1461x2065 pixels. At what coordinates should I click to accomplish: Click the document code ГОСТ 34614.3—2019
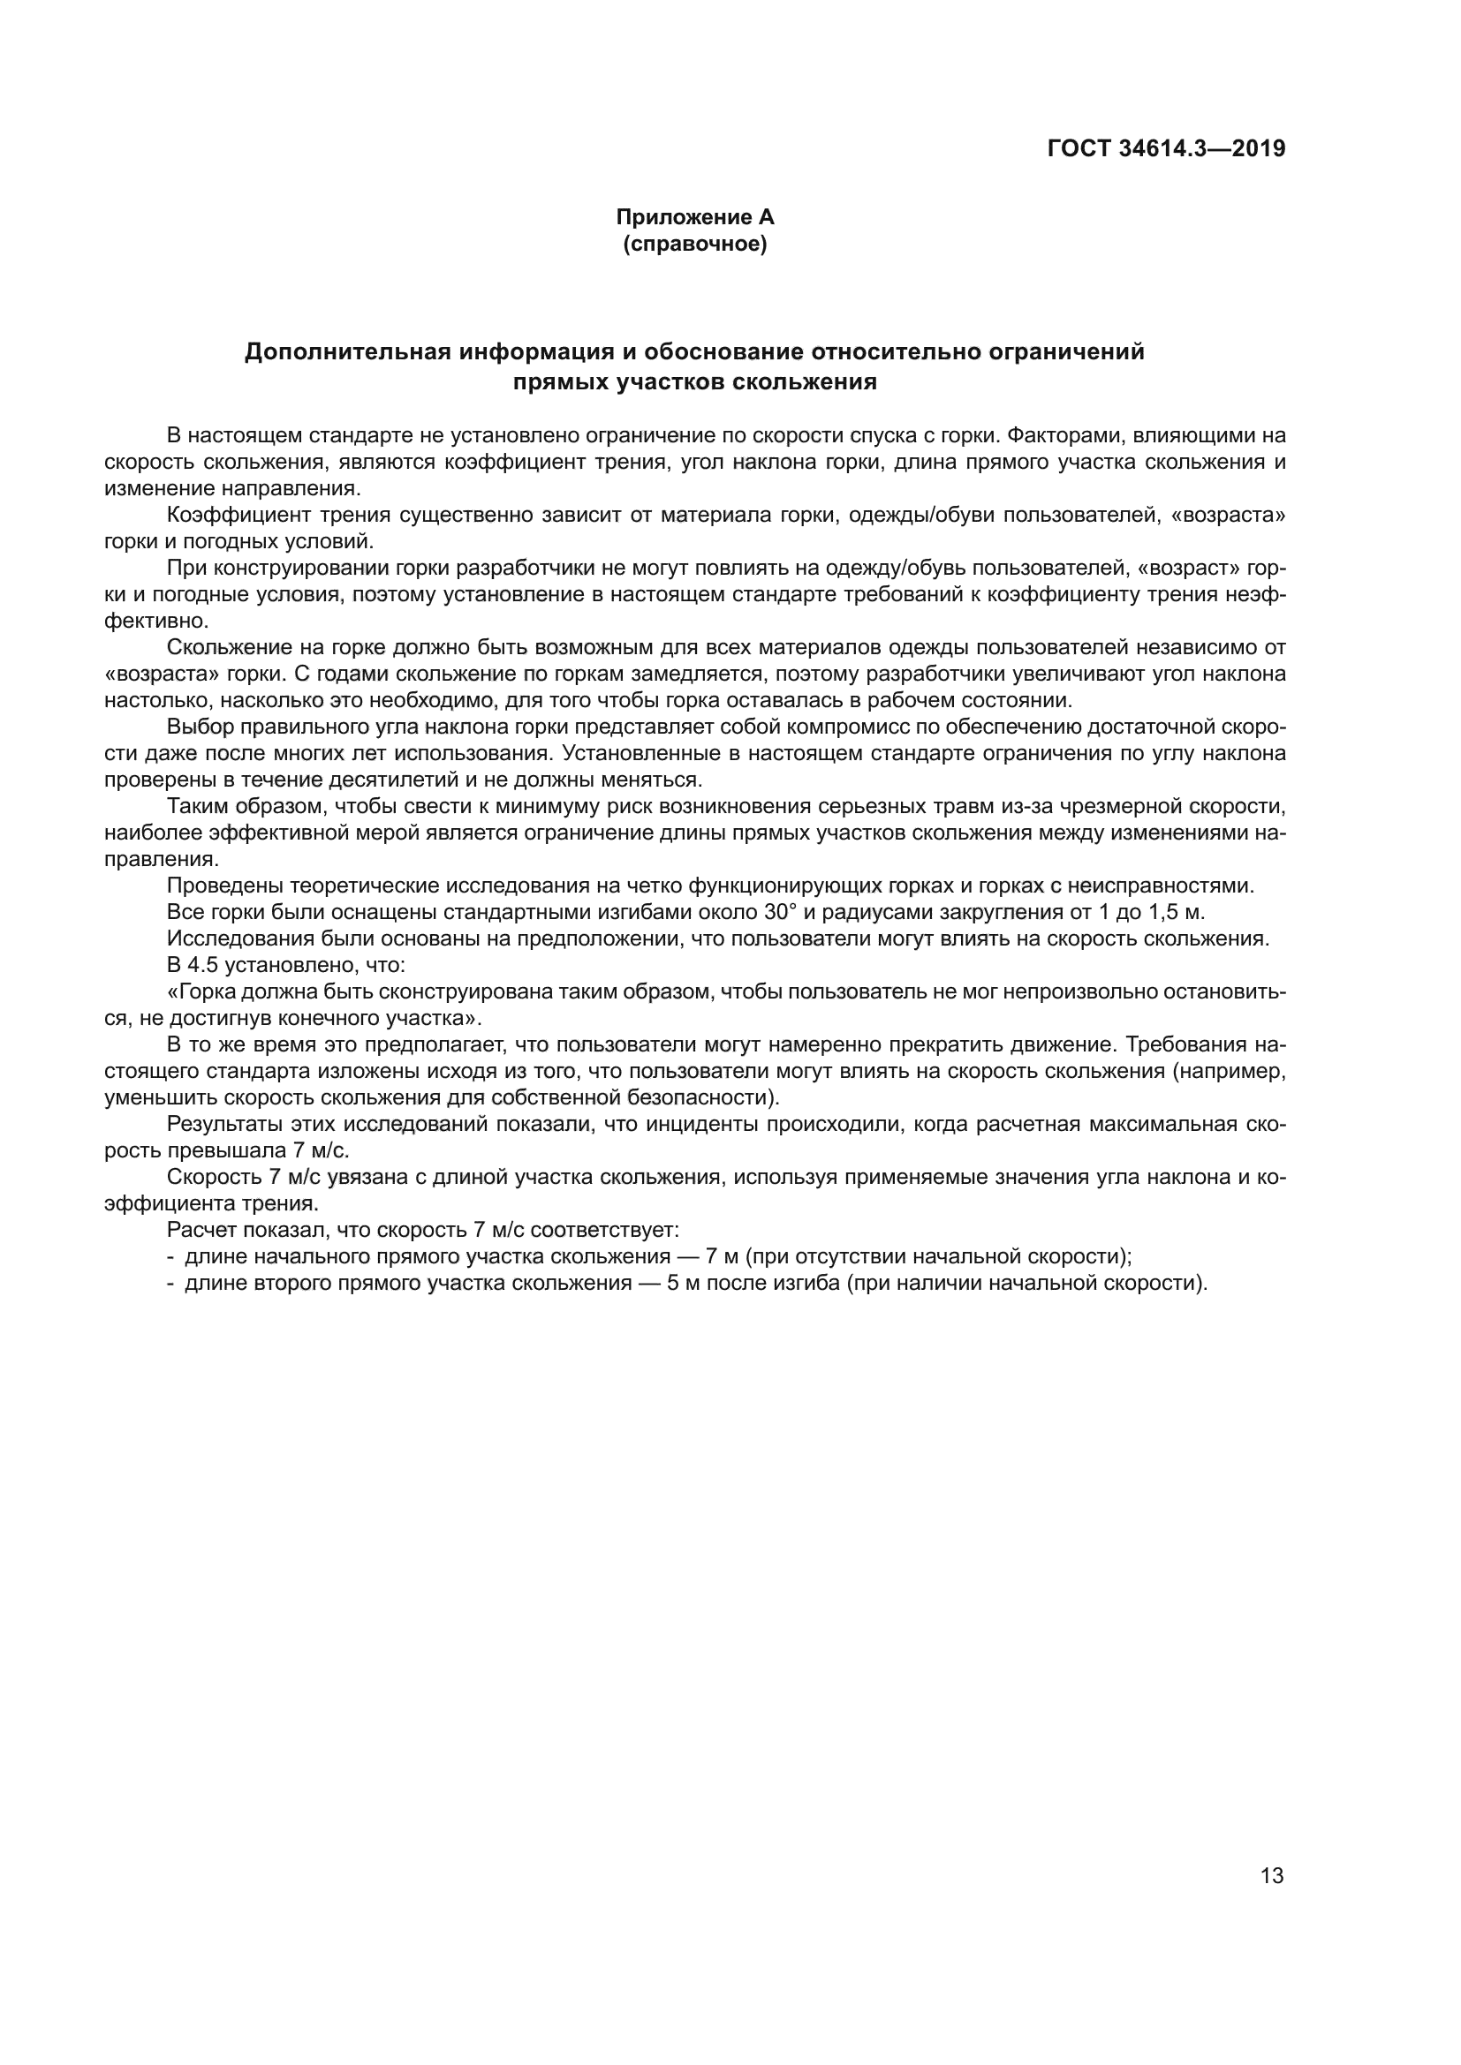coord(1166,148)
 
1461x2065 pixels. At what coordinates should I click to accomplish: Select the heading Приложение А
coord(694,217)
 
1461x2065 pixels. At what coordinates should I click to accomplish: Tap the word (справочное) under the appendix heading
coord(694,244)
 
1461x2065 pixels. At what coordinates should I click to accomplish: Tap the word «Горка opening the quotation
coord(203,992)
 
